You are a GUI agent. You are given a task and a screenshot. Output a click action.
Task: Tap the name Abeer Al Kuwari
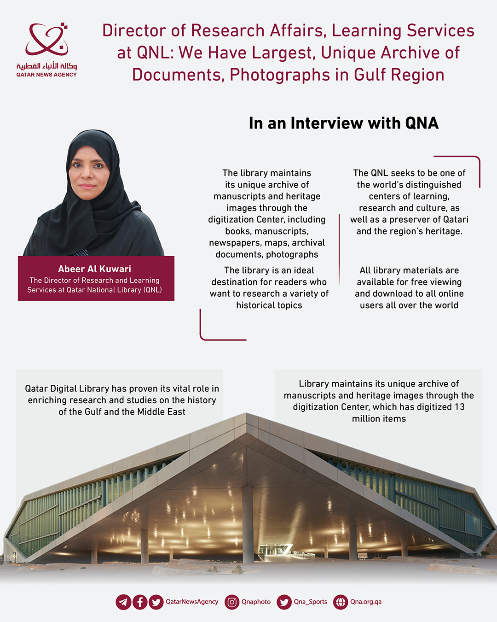pos(94,269)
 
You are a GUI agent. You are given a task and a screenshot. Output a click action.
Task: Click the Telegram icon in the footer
pos(123,602)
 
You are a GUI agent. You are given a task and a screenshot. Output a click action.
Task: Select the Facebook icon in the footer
pos(140,602)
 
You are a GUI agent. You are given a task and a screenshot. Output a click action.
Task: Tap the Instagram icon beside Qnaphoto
pos(232,602)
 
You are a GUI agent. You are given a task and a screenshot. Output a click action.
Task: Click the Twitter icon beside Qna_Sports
pos(284,602)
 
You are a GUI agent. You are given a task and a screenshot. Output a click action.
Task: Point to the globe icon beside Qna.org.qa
pos(341,602)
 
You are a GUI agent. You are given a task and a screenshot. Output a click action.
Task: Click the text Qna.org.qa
pos(366,602)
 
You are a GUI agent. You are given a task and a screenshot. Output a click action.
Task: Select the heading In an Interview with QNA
pos(343,123)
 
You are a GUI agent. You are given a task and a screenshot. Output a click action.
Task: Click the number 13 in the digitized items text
pos(459,407)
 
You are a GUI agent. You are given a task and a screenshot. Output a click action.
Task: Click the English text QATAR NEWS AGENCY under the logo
pos(46,75)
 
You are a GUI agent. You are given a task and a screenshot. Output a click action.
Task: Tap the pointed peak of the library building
pos(247,415)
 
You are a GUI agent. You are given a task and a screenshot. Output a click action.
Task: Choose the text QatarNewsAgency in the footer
pos(192,602)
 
